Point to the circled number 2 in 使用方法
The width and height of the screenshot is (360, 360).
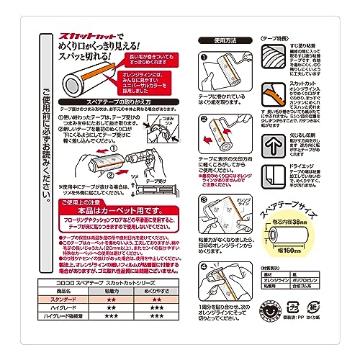204,121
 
